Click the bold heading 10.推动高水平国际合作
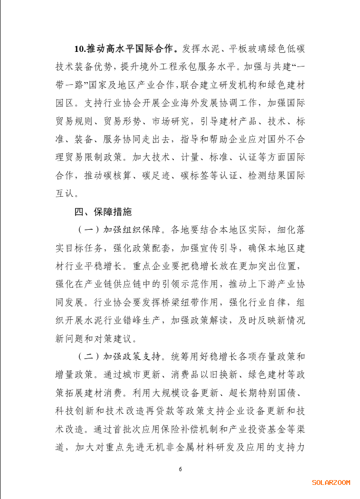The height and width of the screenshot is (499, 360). (126, 49)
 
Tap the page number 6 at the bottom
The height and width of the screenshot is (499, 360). (180, 469)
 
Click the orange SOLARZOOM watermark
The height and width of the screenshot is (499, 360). (331, 482)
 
